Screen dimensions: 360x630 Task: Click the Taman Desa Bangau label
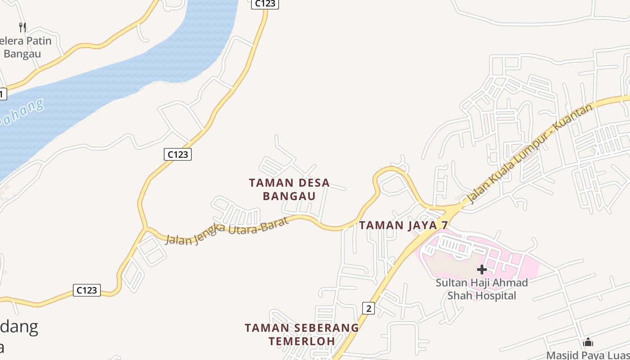coord(289,189)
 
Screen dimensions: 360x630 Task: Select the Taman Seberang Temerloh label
coord(302,334)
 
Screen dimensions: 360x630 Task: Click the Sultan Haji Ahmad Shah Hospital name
coord(481,289)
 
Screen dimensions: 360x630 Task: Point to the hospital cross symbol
coord(482,270)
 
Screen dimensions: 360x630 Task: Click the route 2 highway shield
coord(368,308)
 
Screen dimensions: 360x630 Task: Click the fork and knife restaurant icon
coord(22,27)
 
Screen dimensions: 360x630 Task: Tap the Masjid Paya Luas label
coord(588,355)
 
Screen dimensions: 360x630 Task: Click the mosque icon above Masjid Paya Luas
coord(588,342)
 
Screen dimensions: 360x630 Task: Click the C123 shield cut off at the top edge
coord(265,4)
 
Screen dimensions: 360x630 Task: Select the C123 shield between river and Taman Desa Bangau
coord(177,154)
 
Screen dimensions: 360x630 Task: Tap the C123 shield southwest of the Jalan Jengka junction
coord(87,290)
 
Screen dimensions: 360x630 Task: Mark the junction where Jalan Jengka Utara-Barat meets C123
coord(145,228)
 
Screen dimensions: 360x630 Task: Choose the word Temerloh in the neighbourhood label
coord(302,341)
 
